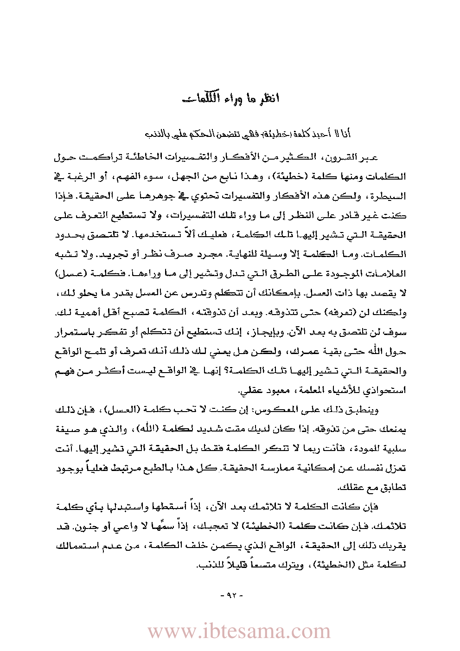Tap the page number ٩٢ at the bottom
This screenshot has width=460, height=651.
[x=230, y=595]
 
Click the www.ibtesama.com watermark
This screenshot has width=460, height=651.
[x=239, y=632]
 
